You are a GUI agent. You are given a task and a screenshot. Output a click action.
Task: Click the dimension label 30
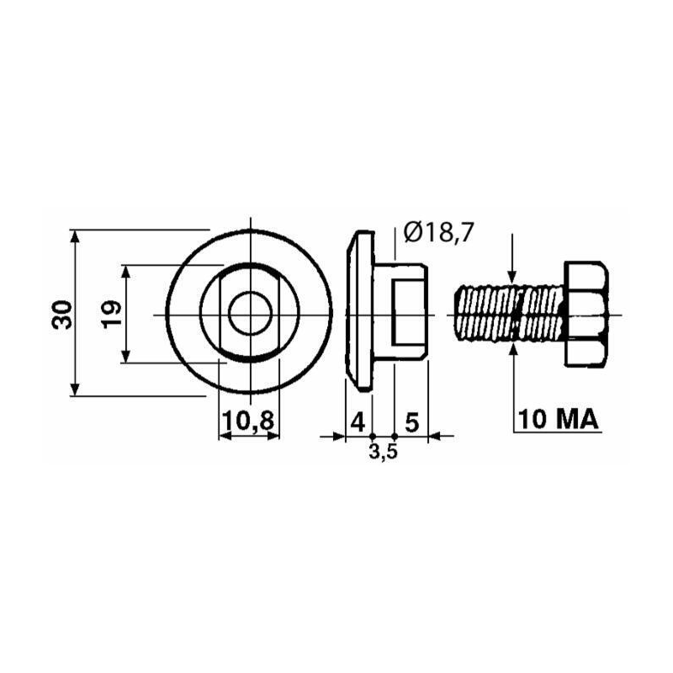[x=62, y=315]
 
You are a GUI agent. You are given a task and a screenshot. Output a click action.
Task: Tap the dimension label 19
[x=112, y=314]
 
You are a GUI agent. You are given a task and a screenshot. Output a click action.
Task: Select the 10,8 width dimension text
[x=248, y=421]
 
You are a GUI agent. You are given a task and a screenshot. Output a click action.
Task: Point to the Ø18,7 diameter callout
[x=438, y=233]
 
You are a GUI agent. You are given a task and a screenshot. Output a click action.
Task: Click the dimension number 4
[x=358, y=422]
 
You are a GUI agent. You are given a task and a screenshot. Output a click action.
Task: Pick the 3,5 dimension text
[x=384, y=452]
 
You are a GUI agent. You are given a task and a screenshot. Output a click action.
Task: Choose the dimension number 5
[x=411, y=423]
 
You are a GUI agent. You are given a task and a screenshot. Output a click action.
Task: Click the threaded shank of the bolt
[x=510, y=314]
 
